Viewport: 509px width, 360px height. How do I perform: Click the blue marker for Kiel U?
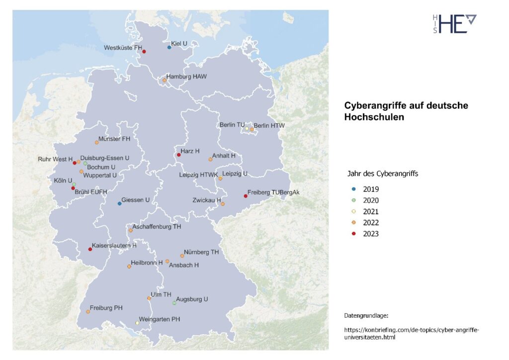[x=169, y=47]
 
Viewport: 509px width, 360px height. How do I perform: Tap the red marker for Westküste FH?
[x=144, y=52]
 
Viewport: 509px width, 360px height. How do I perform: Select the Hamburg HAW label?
[x=186, y=77]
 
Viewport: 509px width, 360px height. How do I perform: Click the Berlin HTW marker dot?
[x=252, y=129]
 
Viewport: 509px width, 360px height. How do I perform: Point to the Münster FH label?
[x=114, y=139]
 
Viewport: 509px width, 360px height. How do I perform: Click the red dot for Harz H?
[x=178, y=155]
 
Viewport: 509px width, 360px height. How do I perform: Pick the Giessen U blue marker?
[x=119, y=203]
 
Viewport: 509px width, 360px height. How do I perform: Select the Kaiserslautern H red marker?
[x=90, y=249]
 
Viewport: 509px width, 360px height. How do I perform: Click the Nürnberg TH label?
[x=201, y=252]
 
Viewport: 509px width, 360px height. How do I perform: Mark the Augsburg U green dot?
[x=174, y=303]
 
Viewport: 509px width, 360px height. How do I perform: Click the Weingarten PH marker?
[x=138, y=323]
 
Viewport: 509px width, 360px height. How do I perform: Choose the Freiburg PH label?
[x=106, y=308]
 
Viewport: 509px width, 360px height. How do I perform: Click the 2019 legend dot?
[x=353, y=189]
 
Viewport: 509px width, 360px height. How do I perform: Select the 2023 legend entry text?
[x=371, y=234]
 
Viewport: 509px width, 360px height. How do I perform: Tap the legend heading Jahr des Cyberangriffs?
[x=382, y=174]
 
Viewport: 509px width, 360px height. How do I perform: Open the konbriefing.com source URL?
[x=413, y=333]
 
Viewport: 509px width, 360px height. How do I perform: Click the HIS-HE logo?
[x=454, y=23]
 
